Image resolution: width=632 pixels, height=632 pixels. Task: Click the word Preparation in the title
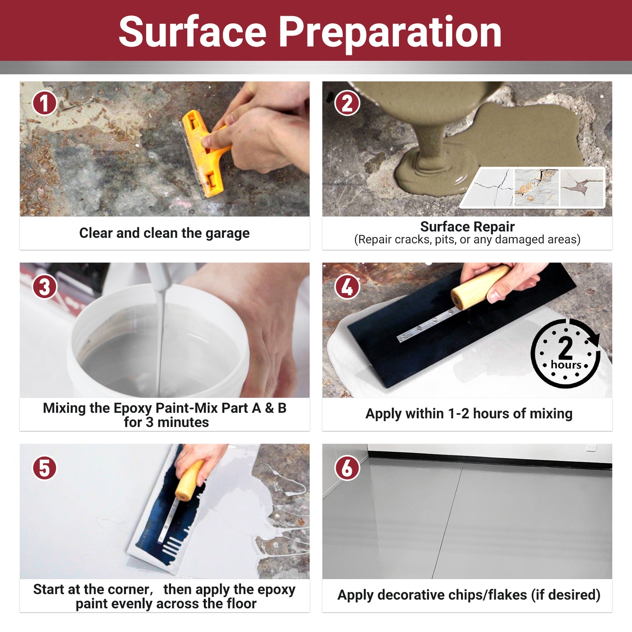(x=390, y=33)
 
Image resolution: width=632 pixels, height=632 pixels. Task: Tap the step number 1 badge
(x=44, y=103)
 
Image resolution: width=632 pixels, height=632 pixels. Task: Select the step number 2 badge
(x=347, y=103)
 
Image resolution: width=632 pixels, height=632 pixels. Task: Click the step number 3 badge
(x=44, y=286)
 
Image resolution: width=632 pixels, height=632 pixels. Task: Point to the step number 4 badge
(x=347, y=286)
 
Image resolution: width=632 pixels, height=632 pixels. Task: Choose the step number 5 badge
(x=44, y=468)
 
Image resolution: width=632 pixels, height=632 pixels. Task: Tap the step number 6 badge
(x=347, y=468)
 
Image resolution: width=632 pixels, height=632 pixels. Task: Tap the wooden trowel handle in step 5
(x=189, y=481)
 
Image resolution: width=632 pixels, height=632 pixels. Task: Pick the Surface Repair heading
(x=468, y=227)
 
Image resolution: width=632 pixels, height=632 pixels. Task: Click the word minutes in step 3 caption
(x=183, y=422)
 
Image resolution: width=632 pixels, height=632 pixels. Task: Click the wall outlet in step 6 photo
(x=591, y=448)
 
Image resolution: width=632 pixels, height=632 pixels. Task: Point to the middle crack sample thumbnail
(x=537, y=188)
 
